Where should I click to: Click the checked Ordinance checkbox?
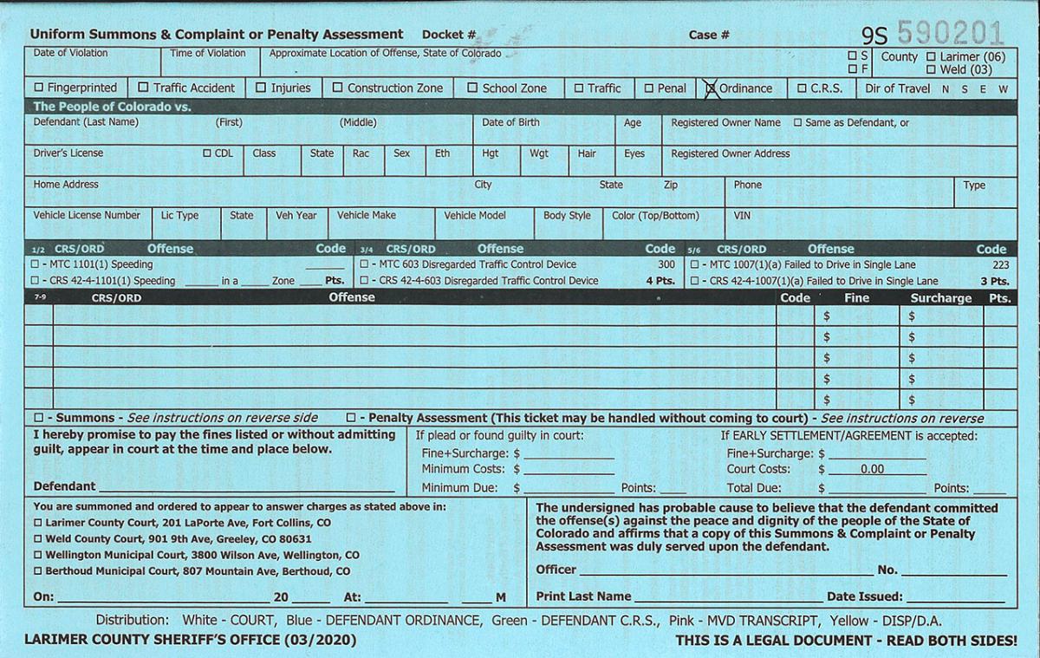tap(711, 88)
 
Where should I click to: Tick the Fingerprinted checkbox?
tap(38, 88)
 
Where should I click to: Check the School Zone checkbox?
tap(472, 88)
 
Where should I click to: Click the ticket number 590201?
tap(950, 33)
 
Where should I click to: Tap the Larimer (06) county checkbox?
tap(931, 56)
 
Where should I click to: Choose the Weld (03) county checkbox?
tap(931, 69)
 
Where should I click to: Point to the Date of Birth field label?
tap(510, 122)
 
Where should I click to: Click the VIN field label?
tap(742, 215)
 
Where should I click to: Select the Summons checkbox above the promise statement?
tap(38, 418)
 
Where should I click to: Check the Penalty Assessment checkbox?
tap(351, 418)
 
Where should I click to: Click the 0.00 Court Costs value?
tap(872, 469)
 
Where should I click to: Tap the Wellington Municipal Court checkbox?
tap(37, 555)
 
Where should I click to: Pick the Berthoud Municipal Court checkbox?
tap(37, 571)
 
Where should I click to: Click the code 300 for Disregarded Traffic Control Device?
tap(666, 264)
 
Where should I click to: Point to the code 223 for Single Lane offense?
tap(1000, 264)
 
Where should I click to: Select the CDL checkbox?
tap(207, 153)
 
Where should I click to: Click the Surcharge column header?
tap(940, 297)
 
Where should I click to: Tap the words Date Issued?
tap(864, 596)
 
